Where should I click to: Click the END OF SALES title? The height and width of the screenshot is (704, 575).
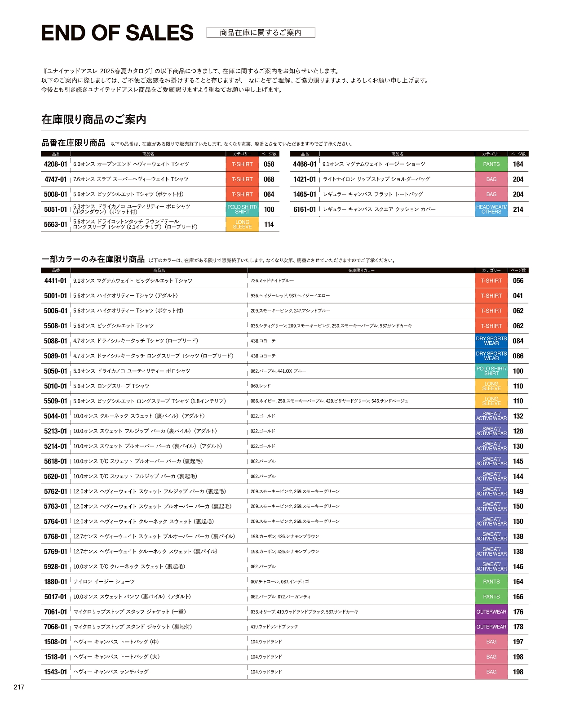coord(117,33)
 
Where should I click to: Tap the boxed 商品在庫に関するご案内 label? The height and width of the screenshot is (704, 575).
coord(261,32)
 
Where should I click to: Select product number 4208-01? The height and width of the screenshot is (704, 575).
coord(56,165)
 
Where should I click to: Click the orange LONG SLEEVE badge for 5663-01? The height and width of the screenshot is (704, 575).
coord(242,224)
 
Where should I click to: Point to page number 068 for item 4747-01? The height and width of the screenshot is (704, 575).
coord(269,179)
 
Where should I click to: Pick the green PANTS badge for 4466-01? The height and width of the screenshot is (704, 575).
coord(491,165)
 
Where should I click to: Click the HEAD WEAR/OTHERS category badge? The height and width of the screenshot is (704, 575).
coord(491,209)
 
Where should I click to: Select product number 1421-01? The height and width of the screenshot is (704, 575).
coord(305,179)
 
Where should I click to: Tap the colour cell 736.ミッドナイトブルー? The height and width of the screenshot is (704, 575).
coord(272,281)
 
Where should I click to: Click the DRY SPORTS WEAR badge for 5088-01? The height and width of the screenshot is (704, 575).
coord(491,341)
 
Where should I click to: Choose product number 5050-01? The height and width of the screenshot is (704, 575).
coord(56,371)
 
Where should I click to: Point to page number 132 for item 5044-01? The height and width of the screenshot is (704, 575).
coord(518,416)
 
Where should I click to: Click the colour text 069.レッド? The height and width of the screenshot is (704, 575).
coord(261,386)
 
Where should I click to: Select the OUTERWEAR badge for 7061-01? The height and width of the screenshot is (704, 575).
coord(491,612)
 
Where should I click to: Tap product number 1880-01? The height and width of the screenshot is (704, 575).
coord(56,582)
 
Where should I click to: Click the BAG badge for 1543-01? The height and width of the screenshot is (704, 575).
coord(491,672)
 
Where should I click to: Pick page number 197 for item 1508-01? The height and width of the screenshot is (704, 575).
coord(518,642)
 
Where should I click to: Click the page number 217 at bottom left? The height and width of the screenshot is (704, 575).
coord(19,687)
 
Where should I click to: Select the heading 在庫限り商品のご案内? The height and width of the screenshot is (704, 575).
coord(94,120)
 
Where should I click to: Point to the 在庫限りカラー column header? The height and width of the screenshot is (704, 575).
coord(361,271)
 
